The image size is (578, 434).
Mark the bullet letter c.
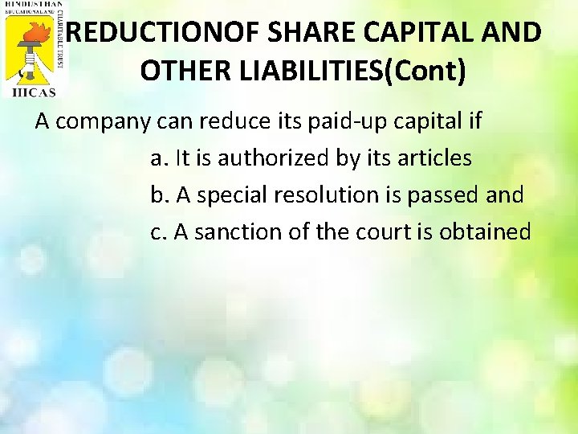(157, 231)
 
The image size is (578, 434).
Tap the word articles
(434, 158)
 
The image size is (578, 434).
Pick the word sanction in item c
(230, 231)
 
